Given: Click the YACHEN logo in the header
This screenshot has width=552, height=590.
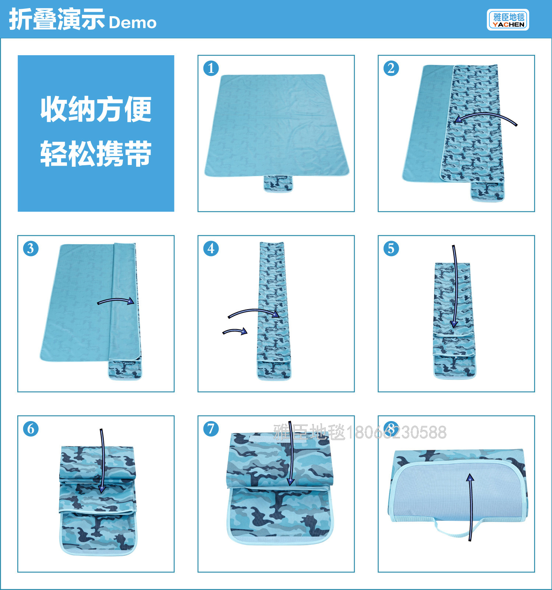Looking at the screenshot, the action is pyautogui.click(x=508, y=20).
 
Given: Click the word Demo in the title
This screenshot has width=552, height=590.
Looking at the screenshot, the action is pyautogui.click(x=133, y=22).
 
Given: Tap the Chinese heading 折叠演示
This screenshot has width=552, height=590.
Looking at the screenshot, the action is pyautogui.click(x=57, y=20).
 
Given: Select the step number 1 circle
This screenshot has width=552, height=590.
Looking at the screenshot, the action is pyautogui.click(x=211, y=68).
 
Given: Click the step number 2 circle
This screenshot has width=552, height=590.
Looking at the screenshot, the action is pyautogui.click(x=391, y=68).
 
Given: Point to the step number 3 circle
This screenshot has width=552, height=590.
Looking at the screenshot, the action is pyautogui.click(x=31, y=248).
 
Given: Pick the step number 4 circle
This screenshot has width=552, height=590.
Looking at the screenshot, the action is pyautogui.click(x=211, y=248).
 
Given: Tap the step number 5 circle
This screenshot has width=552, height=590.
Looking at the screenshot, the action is pyautogui.click(x=391, y=248).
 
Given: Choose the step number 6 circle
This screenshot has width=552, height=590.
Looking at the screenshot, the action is pyautogui.click(x=31, y=429).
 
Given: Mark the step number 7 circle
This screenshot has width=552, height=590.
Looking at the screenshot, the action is pyautogui.click(x=211, y=429).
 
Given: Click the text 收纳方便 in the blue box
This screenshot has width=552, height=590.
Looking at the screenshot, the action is pyautogui.click(x=96, y=109).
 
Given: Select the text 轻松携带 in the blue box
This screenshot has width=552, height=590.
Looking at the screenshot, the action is pyautogui.click(x=96, y=153).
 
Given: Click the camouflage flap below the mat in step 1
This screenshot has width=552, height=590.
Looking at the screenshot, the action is pyautogui.click(x=278, y=183).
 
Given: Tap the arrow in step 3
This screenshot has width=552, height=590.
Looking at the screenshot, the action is pyautogui.click(x=116, y=300).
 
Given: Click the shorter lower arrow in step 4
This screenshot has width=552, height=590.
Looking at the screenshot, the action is pyautogui.click(x=235, y=331).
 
